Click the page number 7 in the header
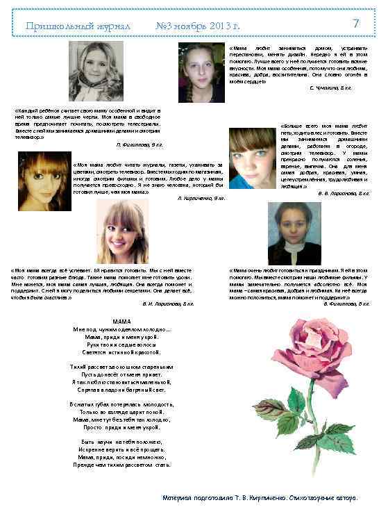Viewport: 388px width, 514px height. pyautogui.click(x=355, y=24)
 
